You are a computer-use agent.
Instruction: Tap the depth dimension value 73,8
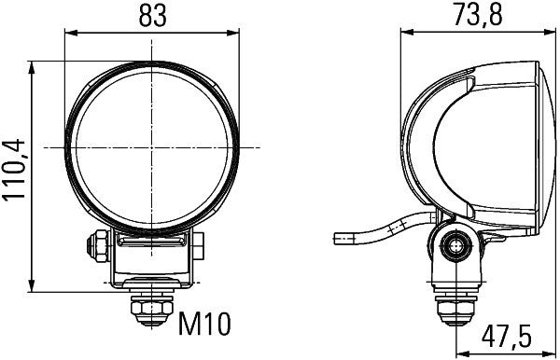(472, 16)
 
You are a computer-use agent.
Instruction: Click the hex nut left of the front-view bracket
(94, 245)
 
